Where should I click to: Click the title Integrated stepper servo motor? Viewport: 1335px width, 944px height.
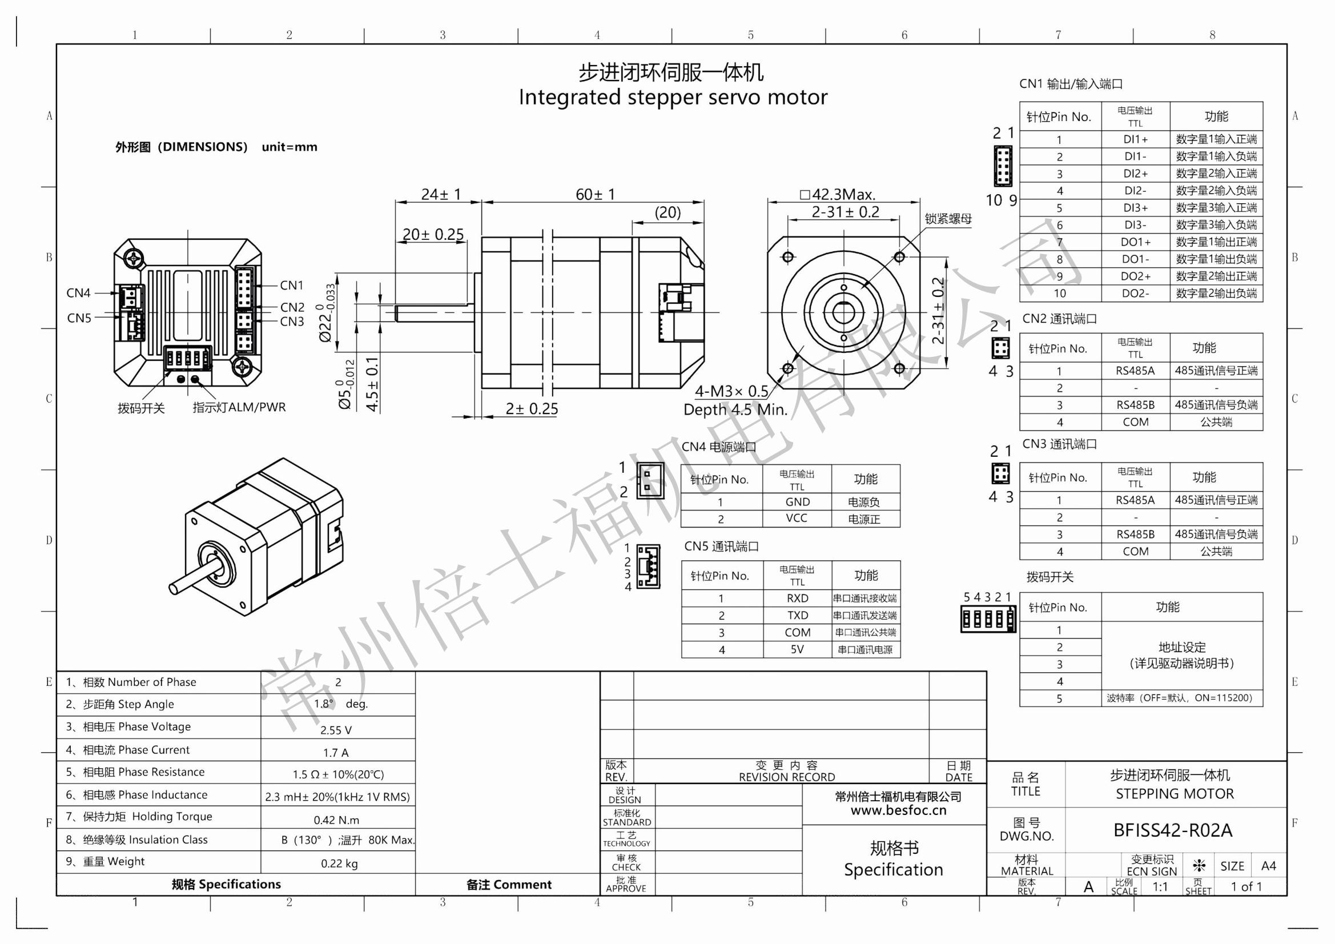tap(673, 97)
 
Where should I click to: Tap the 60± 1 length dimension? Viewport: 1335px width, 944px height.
tap(595, 194)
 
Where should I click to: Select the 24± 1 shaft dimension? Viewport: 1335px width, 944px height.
tap(441, 194)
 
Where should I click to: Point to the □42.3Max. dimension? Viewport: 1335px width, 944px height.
tap(837, 194)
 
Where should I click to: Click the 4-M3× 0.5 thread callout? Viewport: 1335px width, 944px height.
tap(731, 391)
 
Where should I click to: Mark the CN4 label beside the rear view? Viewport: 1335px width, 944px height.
tap(78, 292)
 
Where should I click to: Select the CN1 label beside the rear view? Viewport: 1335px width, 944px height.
tap(291, 285)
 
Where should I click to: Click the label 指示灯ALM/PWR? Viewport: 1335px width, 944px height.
tap(239, 407)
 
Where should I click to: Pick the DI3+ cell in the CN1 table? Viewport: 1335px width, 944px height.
tap(1135, 208)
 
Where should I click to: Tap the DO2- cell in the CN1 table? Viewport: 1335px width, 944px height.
tap(1135, 293)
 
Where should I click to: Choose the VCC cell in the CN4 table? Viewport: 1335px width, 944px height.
tap(796, 518)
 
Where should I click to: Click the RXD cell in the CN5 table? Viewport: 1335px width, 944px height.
tap(797, 598)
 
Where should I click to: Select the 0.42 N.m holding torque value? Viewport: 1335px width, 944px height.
tap(336, 820)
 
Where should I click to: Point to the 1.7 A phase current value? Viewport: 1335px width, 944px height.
tap(336, 753)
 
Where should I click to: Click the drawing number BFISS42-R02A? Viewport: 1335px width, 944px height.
tap(1172, 830)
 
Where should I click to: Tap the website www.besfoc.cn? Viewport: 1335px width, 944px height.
tap(898, 810)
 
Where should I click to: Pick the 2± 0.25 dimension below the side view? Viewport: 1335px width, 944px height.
tap(531, 409)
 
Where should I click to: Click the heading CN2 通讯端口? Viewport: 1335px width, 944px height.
tap(1059, 319)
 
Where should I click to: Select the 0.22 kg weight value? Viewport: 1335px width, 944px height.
tap(339, 863)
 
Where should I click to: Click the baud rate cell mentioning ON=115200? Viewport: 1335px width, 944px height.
tap(1179, 698)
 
